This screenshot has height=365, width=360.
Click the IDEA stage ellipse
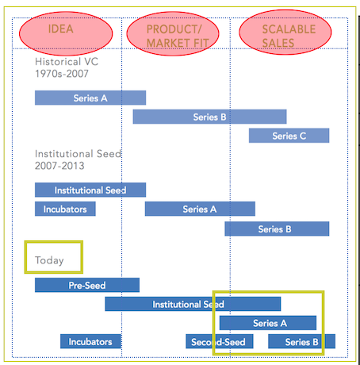tap(66, 33)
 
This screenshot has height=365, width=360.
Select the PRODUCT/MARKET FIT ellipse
tap(173, 33)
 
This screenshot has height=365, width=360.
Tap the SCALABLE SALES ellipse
tap(285, 33)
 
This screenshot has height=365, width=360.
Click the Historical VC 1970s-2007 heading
tap(67, 67)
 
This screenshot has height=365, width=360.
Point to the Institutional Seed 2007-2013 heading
tap(79, 159)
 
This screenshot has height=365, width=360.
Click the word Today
tap(49, 260)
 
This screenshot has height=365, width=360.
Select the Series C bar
tap(289, 136)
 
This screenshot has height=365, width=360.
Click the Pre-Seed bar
tap(87, 285)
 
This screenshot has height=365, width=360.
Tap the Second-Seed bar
tap(220, 341)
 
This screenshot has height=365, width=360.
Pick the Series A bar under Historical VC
tap(90, 98)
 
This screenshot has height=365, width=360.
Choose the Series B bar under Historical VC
tap(209, 117)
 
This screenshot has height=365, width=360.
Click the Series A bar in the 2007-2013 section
tap(200, 209)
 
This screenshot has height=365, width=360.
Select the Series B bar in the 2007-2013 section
tap(277, 229)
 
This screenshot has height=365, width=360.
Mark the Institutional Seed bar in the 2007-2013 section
tap(90, 190)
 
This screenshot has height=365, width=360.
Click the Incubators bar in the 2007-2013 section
tap(65, 209)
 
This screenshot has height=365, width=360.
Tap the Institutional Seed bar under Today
tap(193, 304)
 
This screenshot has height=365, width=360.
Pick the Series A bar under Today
tap(268, 323)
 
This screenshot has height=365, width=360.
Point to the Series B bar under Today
tap(301, 341)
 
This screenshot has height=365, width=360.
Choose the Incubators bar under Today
tap(90, 341)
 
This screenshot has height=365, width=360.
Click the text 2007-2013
tap(59, 166)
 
